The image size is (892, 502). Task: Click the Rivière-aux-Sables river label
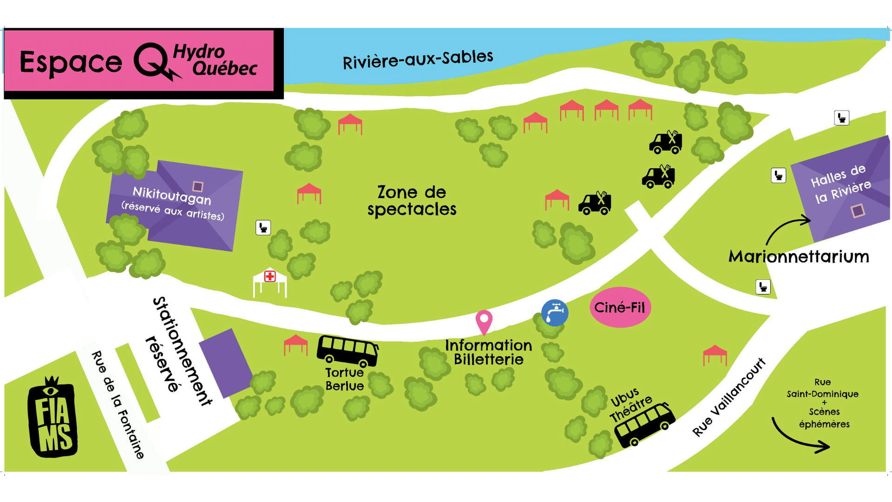click(x=418, y=59)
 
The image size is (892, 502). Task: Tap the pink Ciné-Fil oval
click(x=620, y=307)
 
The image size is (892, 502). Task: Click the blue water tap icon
click(x=555, y=313)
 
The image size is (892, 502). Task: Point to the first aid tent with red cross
click(x=270, y=282)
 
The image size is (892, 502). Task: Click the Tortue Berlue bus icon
click(x=347, y=350)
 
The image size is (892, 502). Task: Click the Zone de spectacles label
click(x=412, y=201)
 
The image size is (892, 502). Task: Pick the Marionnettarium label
click(x=798, y=257)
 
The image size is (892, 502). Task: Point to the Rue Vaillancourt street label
click(x=728, y=397)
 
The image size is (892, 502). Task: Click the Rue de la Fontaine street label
click(x=118, y=405)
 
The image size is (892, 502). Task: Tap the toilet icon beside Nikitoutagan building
click(x=263, y=228)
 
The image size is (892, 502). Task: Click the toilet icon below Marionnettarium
click(x=763, y=287)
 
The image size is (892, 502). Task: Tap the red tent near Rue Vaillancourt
click(x=715, y=355)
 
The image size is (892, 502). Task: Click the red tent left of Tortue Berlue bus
click(x=295, y=344)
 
